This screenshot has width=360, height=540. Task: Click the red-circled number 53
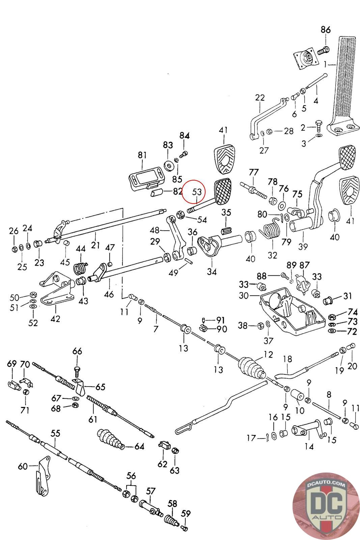coord(196,192)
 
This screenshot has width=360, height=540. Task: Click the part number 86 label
coord(326,30)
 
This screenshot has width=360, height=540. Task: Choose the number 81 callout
coord(142,155)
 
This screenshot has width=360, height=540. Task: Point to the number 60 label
coord(23,466)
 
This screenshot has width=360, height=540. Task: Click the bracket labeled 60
coord(43,478)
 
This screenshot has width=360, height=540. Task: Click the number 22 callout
coord(260,98)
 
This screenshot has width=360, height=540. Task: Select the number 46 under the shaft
coord(109,294)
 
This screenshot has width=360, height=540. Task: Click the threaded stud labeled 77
coord(254,191)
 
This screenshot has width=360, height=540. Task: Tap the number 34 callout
coord(212,271)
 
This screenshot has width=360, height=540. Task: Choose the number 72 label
coord(352,331)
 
